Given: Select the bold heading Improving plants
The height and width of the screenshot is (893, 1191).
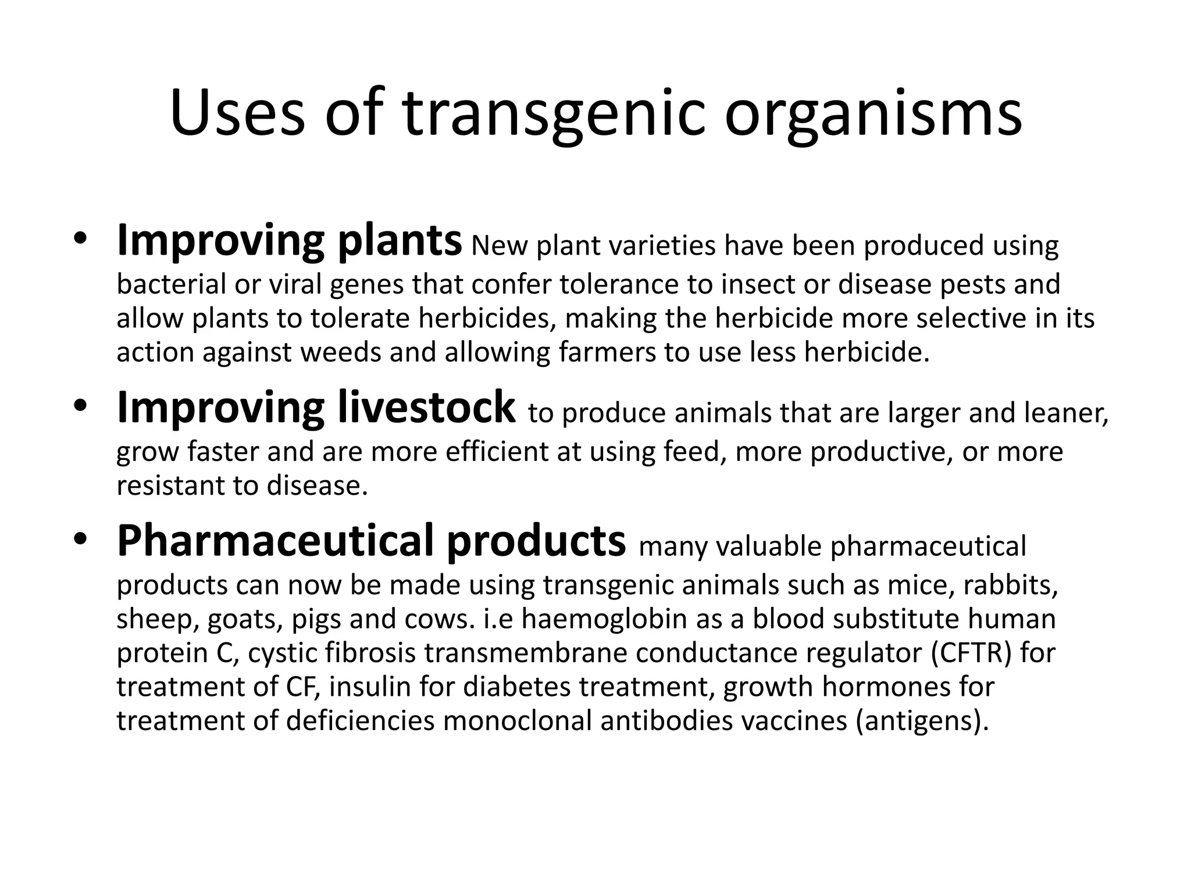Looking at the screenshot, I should coord(289,241).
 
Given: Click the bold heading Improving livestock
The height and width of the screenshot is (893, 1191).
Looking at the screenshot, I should coord(316,408).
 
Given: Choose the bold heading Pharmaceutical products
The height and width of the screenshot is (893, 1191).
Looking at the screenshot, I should coord(371,541).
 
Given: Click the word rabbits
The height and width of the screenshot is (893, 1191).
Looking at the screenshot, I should coord(1010,585).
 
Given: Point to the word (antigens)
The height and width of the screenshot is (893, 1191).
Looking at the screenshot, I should coord(922,721).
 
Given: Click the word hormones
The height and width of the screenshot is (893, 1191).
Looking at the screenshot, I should coord(885,687).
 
